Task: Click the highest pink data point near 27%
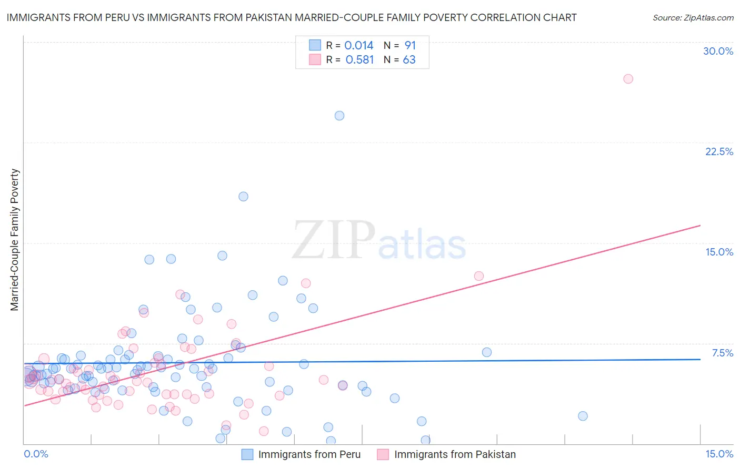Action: click(628, 79)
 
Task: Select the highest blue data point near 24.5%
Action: click(339, 116)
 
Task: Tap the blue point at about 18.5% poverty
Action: click(243, 197)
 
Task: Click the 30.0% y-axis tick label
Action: click(718, 51)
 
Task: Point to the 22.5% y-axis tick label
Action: click(719, 151)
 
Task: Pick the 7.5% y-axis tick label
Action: click(722, 353)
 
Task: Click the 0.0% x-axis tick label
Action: click(36, 454)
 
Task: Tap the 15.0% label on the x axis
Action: click(719, 454)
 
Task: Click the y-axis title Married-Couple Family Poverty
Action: click(15, 240)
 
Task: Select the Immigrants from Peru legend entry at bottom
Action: click(309, 455)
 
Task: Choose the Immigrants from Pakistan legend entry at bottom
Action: click(455, 455)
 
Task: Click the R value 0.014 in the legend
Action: click(358, 46)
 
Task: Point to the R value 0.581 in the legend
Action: click(359, 60)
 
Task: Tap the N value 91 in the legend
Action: click(410, 46)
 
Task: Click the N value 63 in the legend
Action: click(409, 60)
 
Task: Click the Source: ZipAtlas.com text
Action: click(693, 18)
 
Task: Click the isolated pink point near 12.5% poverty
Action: click(478, 276)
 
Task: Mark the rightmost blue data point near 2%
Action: click(583, 416)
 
